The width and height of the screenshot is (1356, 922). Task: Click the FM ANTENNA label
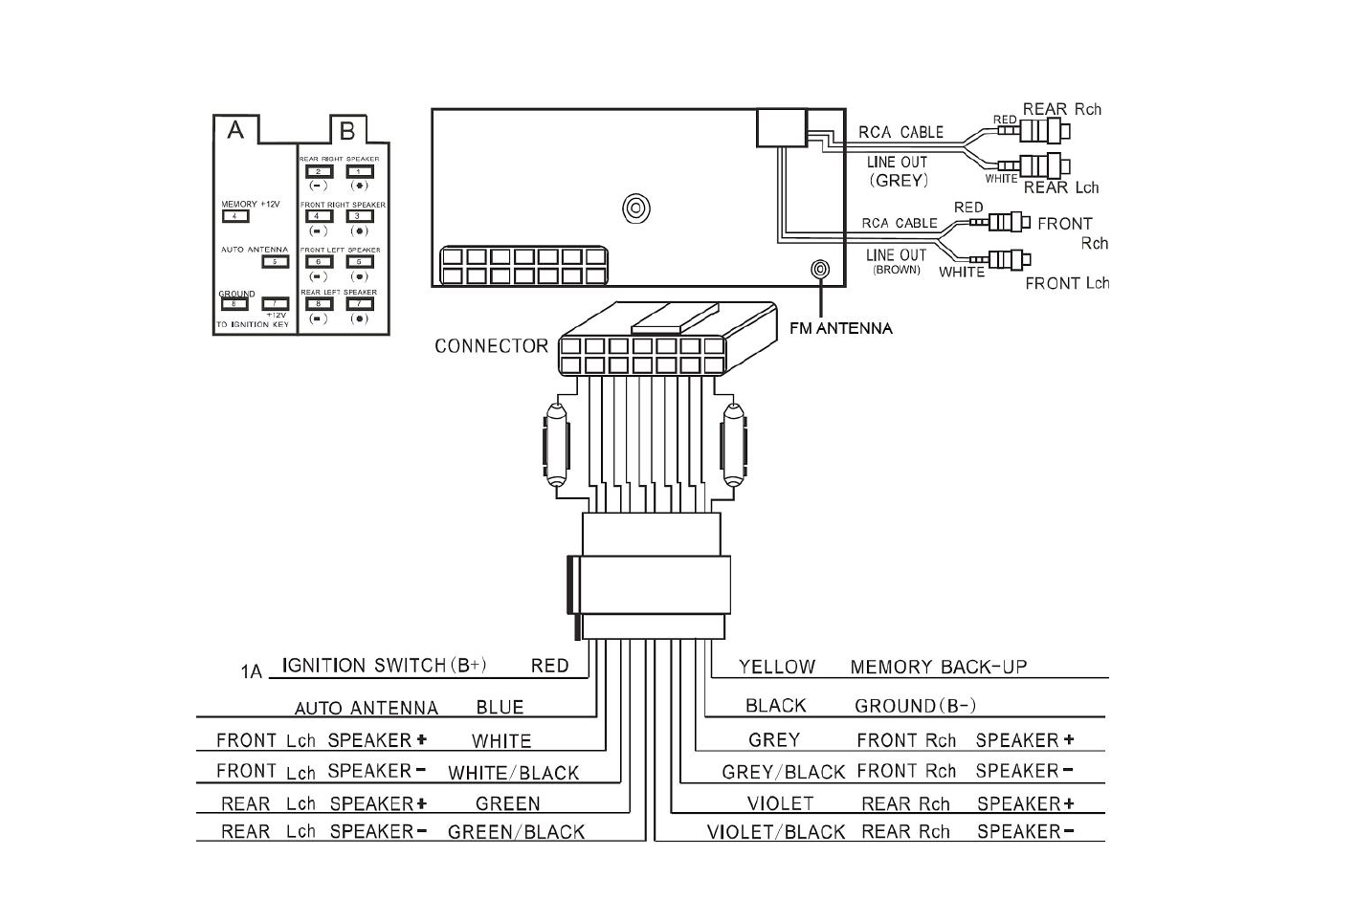pyautogui.click(x=840, y=328)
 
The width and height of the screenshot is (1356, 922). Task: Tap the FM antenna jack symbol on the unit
pyautogui.click(x=820, y=270)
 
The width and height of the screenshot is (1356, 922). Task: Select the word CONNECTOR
pyautogui.click(x=491, y=346)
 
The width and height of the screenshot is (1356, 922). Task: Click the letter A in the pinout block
pyautogui.click(x=235, y=129)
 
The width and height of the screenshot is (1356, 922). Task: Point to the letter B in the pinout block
pyautogui.click(x=347, y=129)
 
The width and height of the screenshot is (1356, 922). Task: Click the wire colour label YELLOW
pyautogui.click(x=777, y=667)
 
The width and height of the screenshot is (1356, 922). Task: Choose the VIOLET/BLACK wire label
pyautogui.click(x=776, y=832)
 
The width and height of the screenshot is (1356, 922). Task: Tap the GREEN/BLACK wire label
pyautogui.click(x=516, y=832)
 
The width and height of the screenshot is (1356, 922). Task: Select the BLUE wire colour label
pyautogui.click(x=500, y=708)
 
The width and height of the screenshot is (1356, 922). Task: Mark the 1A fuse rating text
pyautogui.click(x=251, y=671)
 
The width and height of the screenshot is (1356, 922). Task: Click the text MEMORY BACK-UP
pyautogui.click(x=938, y=667)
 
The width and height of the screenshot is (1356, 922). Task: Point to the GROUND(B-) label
pyautogui.click(x=915, y=706)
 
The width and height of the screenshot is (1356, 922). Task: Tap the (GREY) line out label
pyautogui.click(x=898, y=180)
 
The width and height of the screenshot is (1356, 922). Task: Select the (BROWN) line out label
pyautogui.click(x=896, y=270)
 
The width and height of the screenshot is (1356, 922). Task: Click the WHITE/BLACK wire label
pyautogui.click(x=513, y=773)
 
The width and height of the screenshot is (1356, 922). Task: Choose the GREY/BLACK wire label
pyautogui.click(x=784, y=772)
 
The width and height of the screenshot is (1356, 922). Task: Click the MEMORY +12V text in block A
pyautogui.click(x=250, y=204)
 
